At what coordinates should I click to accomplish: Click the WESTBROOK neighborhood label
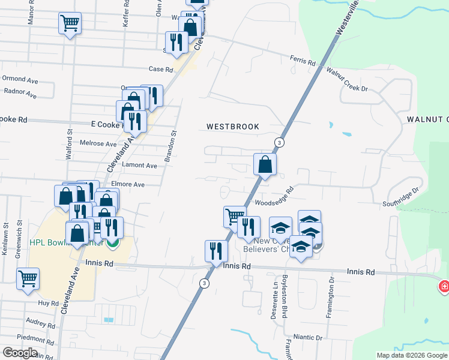233,127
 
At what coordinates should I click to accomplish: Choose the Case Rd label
161,70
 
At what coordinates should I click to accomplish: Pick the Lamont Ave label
139,165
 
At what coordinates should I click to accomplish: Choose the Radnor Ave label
20,94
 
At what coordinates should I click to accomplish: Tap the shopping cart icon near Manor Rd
70,24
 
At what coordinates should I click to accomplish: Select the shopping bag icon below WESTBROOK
265,164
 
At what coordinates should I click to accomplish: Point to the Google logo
20,352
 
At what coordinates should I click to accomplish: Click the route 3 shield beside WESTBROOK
279,142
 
